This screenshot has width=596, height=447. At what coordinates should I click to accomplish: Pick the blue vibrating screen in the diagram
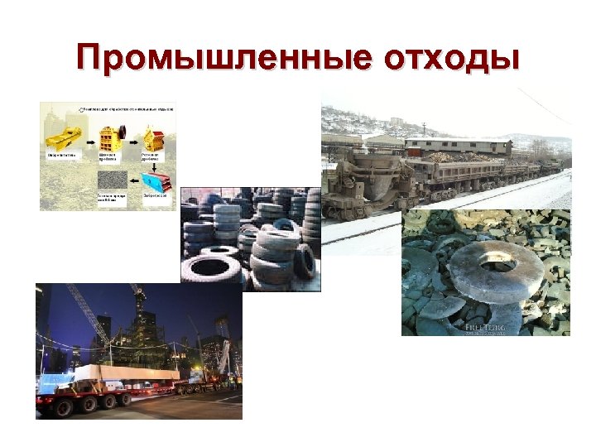pyautogui.click(x=153, y=180)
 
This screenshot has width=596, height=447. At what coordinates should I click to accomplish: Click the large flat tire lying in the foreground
pyautogui.click(x=211, y=267)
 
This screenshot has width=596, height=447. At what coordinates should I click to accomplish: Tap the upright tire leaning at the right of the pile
pyautogui.click(x=305, y=261)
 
